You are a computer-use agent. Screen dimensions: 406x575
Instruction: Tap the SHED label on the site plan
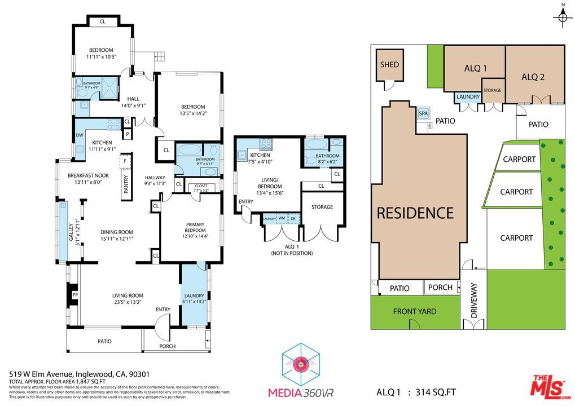pyautogui.click(x=389, y=65)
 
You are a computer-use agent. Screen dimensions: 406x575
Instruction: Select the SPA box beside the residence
pyautogui.click(x=423, y=113)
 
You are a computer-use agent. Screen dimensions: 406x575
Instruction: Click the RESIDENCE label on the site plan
pyautogui.click(x=415, y=213)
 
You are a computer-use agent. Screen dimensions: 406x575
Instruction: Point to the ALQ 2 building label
pyautogui.click(x=533, y=77)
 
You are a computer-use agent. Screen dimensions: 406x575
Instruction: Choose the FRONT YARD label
pyautogui.click(x=414, y=311)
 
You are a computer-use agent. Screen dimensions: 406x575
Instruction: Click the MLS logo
pyautogui.click(x=548, y=387)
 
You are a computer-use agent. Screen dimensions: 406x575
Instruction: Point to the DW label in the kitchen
pyautogui.click(x=79, y=135)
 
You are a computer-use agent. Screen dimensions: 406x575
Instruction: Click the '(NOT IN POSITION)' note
pyautogui.click(x=291, y=253)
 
